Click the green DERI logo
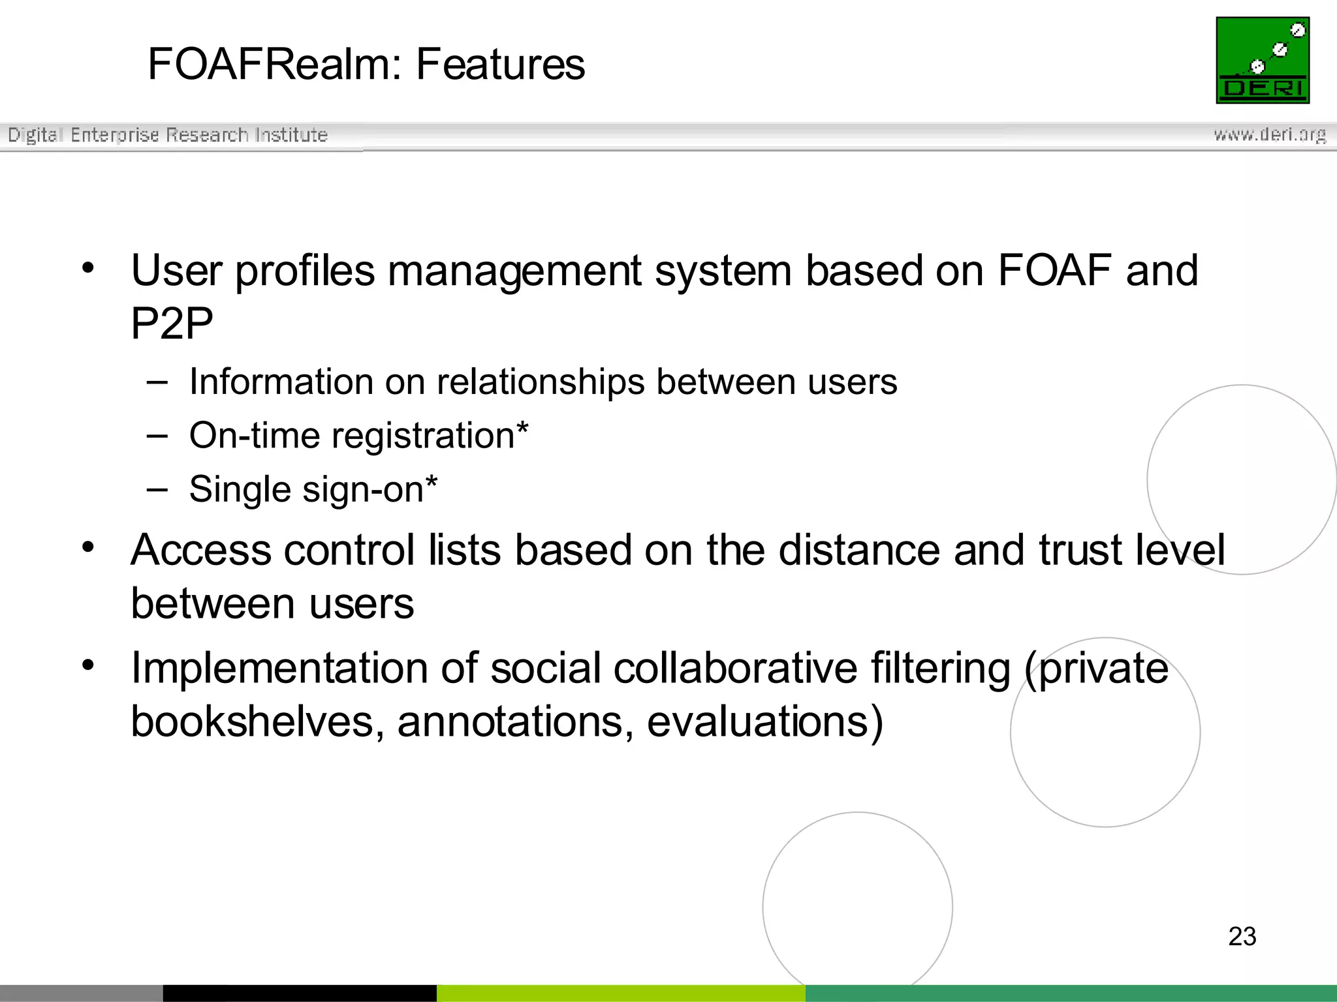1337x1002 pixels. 1263,60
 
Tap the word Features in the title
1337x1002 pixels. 500,65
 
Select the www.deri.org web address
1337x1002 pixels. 1269,134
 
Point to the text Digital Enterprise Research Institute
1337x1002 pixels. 167,135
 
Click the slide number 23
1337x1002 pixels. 1242,936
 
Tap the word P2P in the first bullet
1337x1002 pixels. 172,324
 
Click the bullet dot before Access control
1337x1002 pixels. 89,547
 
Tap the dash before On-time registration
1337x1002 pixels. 157,435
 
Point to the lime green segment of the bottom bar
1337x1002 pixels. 620,993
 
